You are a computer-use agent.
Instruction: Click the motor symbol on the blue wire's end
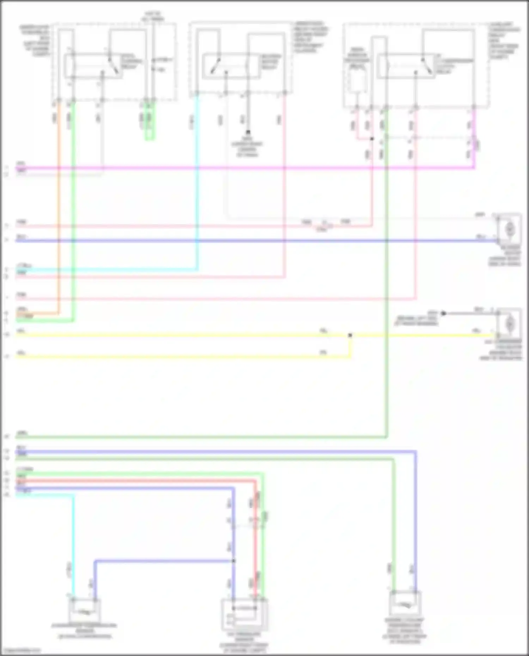click(509, 229)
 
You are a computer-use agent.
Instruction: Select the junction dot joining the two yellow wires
click(350, 335)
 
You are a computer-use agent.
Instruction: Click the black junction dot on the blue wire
click(233, 561)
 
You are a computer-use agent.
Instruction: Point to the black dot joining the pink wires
click(372, 139)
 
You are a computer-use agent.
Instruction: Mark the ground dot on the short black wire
click(444, 313)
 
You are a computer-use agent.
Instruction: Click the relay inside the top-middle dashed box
click(231, 66)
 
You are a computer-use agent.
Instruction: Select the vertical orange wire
click(59, 211)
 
